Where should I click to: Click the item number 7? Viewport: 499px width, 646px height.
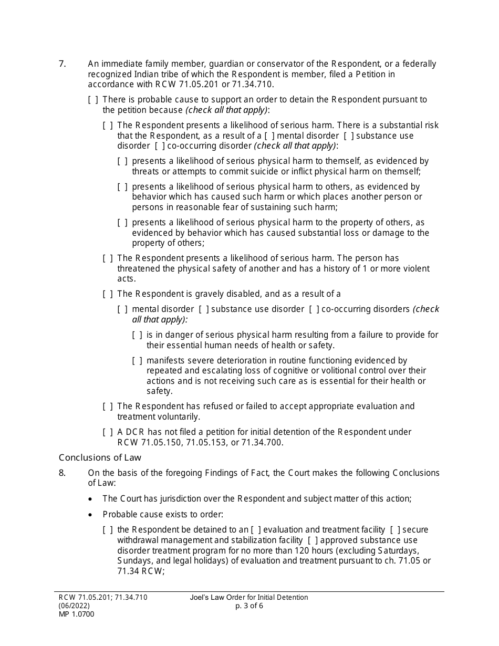point(62,64)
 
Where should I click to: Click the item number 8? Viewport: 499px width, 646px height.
point(62,473)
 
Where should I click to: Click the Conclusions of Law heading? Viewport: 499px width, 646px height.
point(100,457)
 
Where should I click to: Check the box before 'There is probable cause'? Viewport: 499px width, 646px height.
point(93,100)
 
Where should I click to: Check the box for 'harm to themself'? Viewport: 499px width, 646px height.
point(122,161)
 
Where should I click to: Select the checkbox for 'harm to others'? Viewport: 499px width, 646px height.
point(122,187)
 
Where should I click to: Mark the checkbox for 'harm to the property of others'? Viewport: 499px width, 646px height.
point(122,223)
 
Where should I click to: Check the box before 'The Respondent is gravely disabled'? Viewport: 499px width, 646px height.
point(108,294)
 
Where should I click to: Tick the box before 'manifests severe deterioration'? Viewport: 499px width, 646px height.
point(137,361)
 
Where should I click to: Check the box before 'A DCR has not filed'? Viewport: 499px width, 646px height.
point(108,432)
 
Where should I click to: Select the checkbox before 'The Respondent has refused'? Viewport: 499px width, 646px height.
point(108,407)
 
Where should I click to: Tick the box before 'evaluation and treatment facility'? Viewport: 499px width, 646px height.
point(256,529)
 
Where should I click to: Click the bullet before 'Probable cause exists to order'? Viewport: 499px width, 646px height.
point(92,515)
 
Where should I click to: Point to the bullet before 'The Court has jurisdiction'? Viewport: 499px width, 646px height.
point(92,499)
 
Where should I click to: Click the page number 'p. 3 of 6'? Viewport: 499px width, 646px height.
point(250,606)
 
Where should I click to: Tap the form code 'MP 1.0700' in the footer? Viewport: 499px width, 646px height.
point(77,614)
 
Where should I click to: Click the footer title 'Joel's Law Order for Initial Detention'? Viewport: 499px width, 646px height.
point(250,597)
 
